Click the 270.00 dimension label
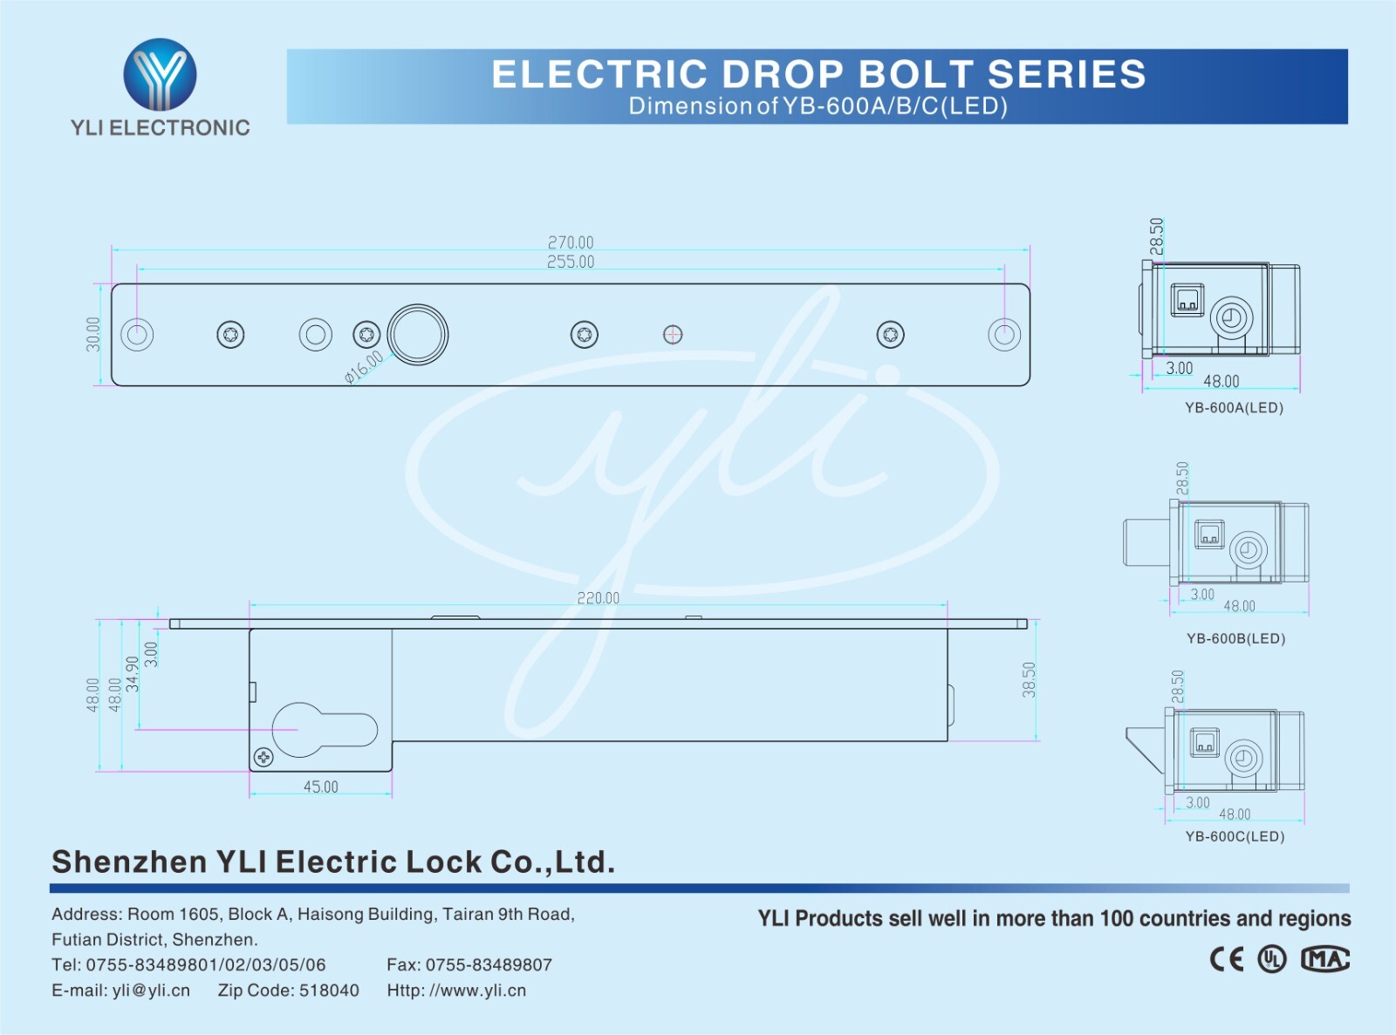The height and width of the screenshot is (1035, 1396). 571,242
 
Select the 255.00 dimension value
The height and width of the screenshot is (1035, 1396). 571,262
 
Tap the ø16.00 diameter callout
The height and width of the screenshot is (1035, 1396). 364,367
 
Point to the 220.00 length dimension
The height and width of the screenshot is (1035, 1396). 599,598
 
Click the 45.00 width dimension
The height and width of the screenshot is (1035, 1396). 321,786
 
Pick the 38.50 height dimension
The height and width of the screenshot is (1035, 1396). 1030,680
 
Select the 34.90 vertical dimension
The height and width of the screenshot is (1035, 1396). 133,674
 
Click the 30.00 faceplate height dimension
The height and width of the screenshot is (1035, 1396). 93,334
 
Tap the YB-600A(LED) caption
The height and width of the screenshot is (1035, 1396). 1234,408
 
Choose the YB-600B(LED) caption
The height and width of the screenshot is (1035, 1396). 1235,638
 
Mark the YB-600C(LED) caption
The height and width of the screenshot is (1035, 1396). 1235,837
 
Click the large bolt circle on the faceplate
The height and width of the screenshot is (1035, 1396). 418,334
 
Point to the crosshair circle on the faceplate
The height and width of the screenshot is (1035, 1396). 673,334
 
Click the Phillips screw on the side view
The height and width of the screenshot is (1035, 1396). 263,757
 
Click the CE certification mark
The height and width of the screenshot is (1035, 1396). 1227,959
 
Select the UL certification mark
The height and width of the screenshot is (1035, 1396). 1272,959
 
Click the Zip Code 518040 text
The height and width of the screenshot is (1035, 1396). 288,991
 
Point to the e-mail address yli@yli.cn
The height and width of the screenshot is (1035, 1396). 120,991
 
